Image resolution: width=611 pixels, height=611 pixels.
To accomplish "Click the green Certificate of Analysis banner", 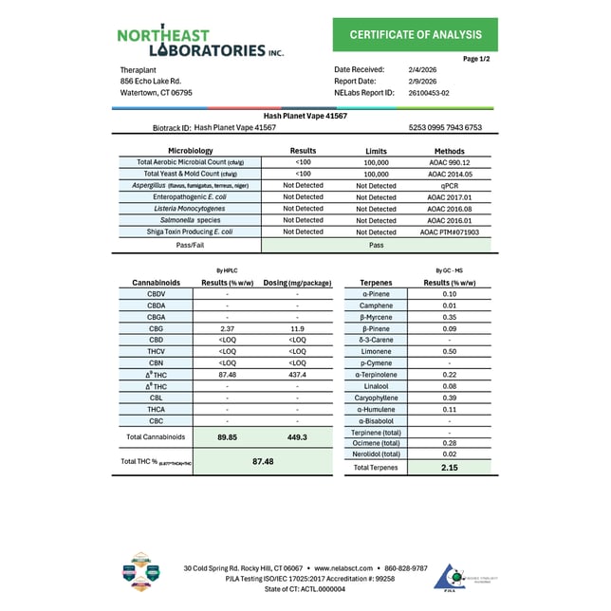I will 416,34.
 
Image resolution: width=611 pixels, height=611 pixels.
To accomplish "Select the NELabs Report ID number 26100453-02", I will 430,93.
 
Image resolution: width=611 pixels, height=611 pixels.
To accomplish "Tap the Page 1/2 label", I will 477,59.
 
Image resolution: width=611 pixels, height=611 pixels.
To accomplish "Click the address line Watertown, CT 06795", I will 157,93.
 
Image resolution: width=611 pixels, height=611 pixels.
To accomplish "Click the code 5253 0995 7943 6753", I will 445,127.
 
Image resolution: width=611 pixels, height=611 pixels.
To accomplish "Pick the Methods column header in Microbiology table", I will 449,151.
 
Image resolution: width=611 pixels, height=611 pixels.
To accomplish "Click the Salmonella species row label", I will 189,220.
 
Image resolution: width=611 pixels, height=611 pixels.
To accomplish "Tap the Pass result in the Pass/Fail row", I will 376,244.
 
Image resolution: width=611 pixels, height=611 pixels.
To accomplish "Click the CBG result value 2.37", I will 227,328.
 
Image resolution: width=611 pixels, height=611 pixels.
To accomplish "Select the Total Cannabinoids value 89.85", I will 227,437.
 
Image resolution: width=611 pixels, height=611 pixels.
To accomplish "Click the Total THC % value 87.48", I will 263,461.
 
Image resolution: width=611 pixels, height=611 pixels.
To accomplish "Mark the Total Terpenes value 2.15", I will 449,468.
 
